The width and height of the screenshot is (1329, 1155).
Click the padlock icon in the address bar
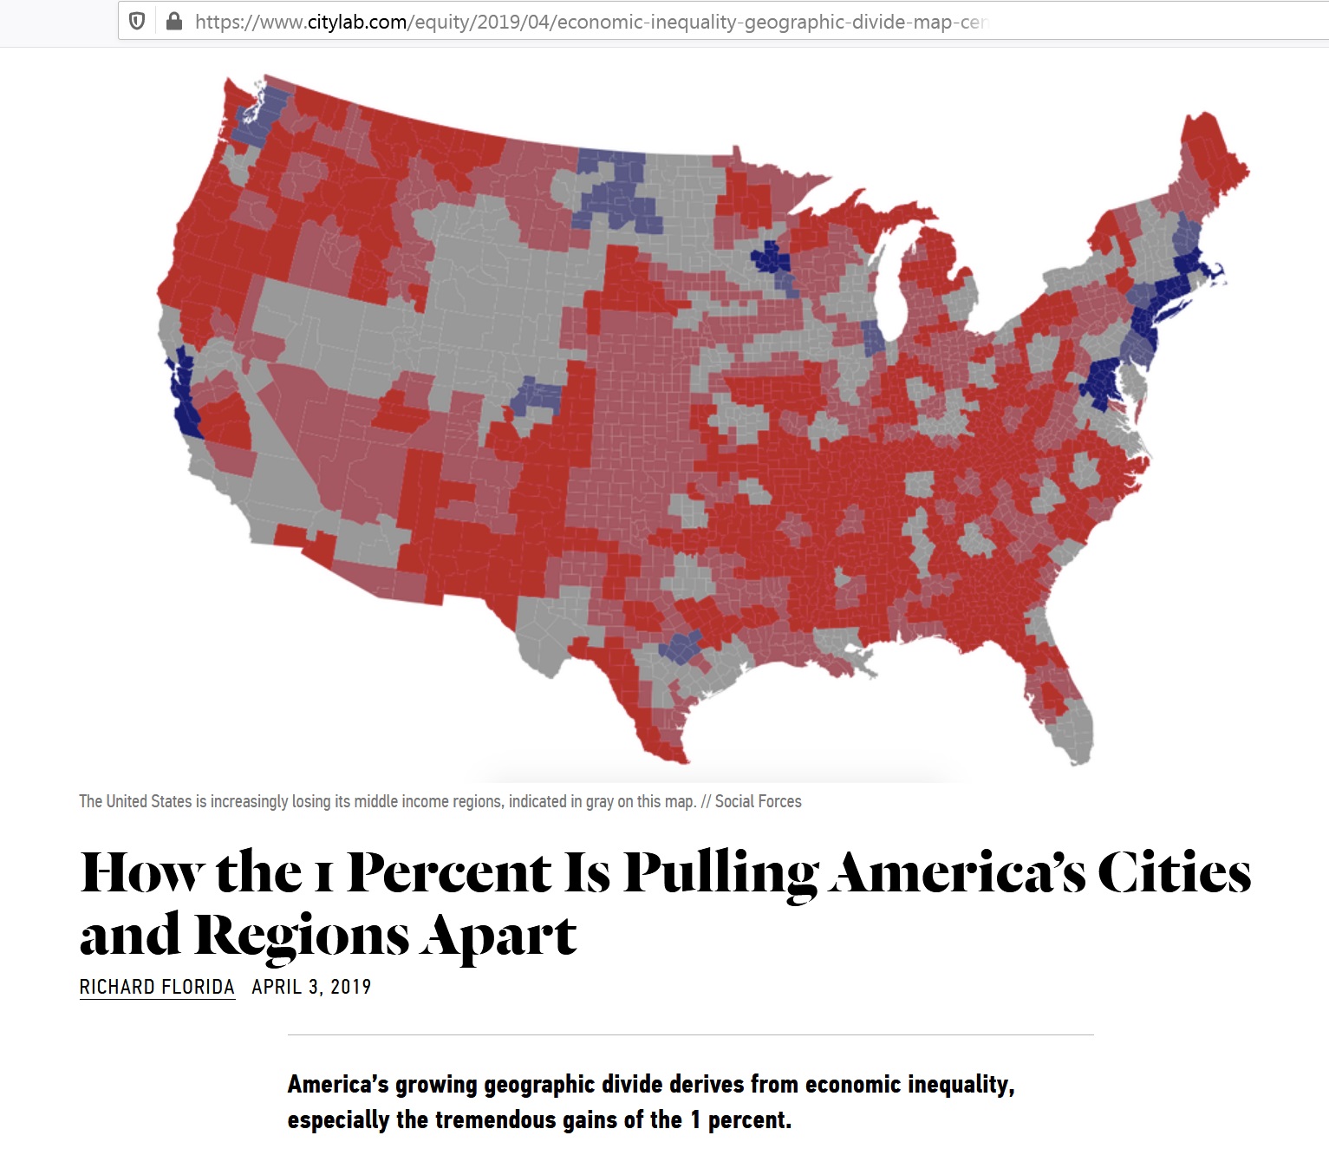pyautogui.click(x=174, y=22)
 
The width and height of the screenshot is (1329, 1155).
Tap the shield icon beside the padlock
pyautogui.click(x=137, y=22)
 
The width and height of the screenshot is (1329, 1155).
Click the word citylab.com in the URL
pyautogui.click(x=357, y=22)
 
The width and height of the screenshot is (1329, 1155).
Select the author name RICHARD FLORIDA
pyautogui.click(x=157, y=987)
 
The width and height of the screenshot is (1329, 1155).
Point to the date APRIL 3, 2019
pyautogui.click(x=311, y=987)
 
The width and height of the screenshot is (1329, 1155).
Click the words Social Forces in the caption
pyautogui.click(x=758, y=801)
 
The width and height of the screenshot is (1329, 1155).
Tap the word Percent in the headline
pyautogui.click(x=449, y=872)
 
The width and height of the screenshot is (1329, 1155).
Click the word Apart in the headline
pyautogui.click(x=499, y=936)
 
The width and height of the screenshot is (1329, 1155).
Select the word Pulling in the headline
pyautogui.click(x=720, y=872)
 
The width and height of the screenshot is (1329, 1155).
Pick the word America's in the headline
pyautogui.click(x=957, y=872)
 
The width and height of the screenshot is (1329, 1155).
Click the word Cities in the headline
pyautogui.click(x=1174, y=872)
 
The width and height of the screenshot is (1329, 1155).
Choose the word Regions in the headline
pyautogui.click(x=302, y=936)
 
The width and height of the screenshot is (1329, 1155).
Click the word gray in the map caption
pyautogui.click(x=599, y=801)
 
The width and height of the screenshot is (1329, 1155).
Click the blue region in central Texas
pyautogui.click(x=681, y=647)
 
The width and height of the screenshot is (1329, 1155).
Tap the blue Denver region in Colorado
pyautogui.click(x=537, y=397)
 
